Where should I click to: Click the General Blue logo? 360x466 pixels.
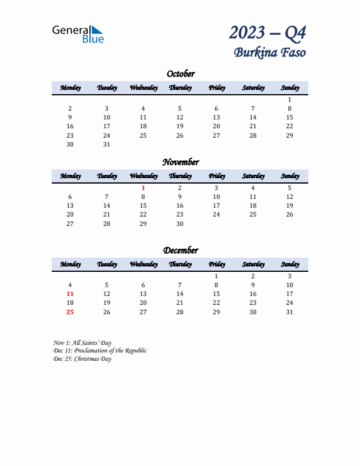click(78, 34)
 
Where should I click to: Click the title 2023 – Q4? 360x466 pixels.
click(268, 32)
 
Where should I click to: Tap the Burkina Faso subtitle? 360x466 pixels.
click(270, 52)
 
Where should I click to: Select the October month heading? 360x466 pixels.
click(180, 74)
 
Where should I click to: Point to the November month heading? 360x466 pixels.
click(180, 162)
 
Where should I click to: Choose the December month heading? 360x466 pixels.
click(180, 251)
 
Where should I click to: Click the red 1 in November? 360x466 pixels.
click(143, 188)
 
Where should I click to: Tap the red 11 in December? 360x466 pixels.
click(70, 294)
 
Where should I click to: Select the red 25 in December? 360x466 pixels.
click(70, 312)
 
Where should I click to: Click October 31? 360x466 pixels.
click(106, 144)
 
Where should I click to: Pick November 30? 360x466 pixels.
click(179, 224)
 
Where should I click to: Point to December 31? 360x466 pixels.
click(289, 312)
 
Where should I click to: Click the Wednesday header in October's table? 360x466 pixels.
click(143, 88)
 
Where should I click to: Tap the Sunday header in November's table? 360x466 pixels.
click(289, 176)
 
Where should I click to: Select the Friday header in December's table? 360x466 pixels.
click(216, 264)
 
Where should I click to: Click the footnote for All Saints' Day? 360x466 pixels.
click(82, 342)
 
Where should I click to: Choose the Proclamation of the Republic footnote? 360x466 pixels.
click(99, 351)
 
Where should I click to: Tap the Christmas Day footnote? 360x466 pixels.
click(82, 359)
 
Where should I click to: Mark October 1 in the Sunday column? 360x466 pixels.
click(289, 100)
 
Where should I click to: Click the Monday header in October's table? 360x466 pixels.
click(70, 88)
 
